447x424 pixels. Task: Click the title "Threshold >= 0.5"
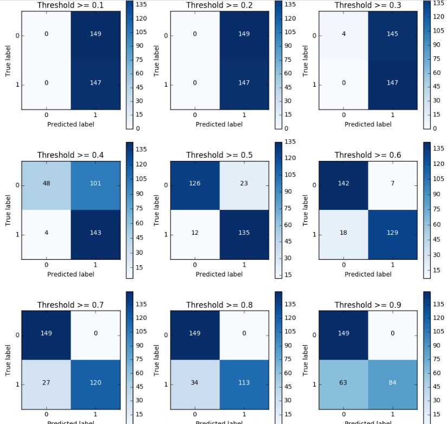[219, 155]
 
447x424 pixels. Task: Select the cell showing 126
[195, 183]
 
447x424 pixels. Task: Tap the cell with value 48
[46, 183]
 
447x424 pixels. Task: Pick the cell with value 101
[95, 183]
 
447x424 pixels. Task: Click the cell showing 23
[244, 183]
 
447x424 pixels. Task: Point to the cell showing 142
[344, 183]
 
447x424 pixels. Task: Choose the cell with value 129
[392, 233]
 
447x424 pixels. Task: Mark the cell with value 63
[344, 383]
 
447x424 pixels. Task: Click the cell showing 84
[392, 383]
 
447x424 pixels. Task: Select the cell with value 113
[244, 383]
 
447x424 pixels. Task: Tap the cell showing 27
[46, 383]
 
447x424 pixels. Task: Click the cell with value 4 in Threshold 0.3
[344, 34]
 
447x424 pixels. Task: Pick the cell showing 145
[392, 34]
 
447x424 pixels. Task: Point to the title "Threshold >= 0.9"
[368, 305]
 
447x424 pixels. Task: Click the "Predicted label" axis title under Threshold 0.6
[368, 274]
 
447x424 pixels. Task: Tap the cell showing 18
[344, 233]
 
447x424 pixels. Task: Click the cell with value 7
[392, 183]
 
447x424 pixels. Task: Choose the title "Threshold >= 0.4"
[70, 155]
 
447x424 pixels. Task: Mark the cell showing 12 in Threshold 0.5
[195, 233]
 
